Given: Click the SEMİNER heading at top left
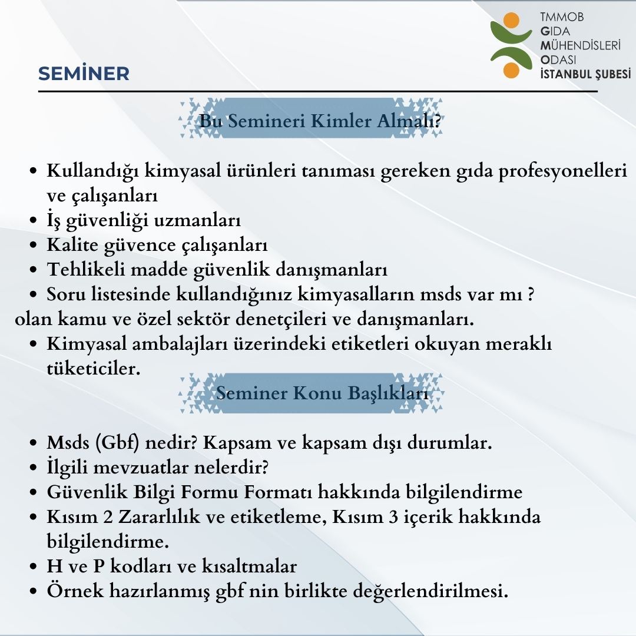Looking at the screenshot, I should (84, 74).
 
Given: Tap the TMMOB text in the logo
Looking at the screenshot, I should (562, 18).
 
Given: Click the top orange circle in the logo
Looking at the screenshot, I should (512, 20).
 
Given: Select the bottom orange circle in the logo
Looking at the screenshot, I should (511, 70).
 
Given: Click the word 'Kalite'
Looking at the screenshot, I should (72, 245).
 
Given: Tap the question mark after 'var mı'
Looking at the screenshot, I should (531, 294).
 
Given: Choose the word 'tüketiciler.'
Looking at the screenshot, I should (94, 369).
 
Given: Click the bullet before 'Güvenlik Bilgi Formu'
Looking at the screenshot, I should (35, 493).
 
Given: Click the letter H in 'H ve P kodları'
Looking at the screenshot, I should (53, 567).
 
